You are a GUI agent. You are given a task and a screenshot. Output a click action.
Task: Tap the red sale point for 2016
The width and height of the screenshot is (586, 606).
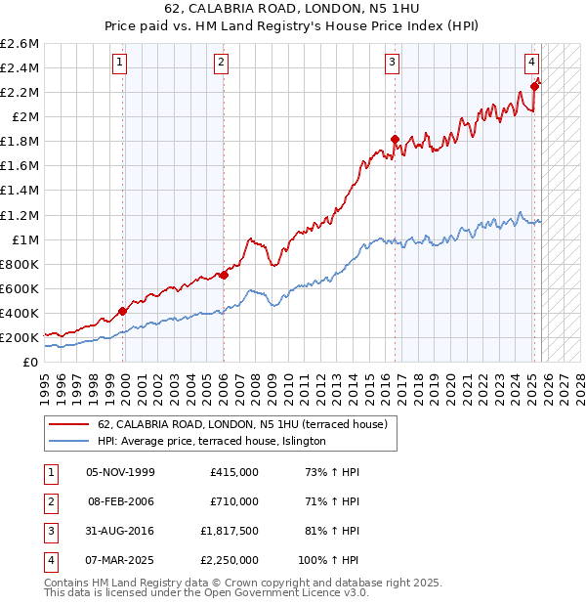(396, 139)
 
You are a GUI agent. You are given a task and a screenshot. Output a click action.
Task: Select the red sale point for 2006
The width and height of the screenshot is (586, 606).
(224, 275)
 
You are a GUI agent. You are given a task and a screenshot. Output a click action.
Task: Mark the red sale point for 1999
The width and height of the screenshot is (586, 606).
(122, 311)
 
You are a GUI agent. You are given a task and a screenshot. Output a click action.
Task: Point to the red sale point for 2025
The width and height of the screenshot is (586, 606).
(534, 86)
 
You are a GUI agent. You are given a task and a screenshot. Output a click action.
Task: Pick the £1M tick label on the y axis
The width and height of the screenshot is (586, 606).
(23, 239)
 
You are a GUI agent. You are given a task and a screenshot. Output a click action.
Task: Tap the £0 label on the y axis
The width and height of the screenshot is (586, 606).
(32, 362)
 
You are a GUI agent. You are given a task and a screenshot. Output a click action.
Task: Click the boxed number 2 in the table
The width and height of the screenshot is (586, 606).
(49, 500)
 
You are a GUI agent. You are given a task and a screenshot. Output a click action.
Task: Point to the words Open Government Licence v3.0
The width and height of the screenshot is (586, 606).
(286, 592)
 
